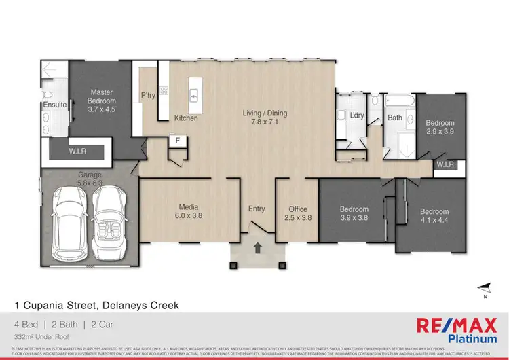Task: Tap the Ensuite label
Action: coord(54,105)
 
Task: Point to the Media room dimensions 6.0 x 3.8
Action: coord(188,215)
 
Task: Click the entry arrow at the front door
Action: coord(257,249)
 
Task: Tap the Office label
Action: coord(298,209)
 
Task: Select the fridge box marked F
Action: coord(177,141)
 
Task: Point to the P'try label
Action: coord(149,95)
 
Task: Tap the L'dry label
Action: coord(357,115)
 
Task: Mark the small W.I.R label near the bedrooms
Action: coord(445,164)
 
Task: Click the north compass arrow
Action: coord(483,288)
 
